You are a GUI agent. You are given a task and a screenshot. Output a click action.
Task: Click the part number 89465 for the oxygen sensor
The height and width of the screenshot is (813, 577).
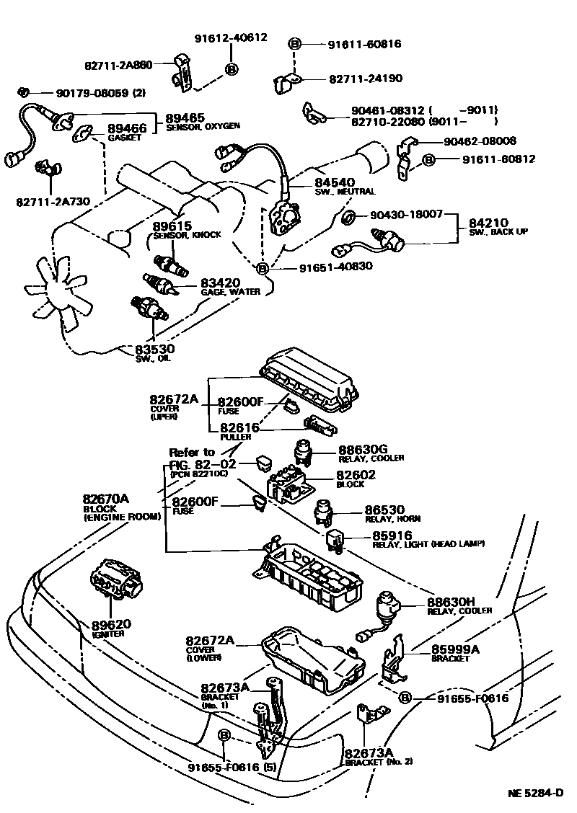pyautogui.click(x=185, y=117)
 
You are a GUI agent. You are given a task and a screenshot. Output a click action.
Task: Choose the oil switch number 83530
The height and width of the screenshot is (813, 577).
pyautogui.click(x=154, y=350)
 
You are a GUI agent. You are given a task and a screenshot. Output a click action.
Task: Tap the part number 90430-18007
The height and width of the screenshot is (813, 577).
pyautogui.click(x=405, y=215)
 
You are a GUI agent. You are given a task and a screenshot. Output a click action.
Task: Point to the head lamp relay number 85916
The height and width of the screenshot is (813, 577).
pyautogui.click(x=392, y=535)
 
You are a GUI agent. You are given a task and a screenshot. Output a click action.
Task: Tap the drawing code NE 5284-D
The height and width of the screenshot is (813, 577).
pyautogui.click(x=535, y=793)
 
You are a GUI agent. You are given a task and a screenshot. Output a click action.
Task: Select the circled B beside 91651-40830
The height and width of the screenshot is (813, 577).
pyautogui.click(x=263, y=268)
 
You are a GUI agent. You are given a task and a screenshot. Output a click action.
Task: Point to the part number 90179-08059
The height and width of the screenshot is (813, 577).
pyautogui.click(x=82, y=92)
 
